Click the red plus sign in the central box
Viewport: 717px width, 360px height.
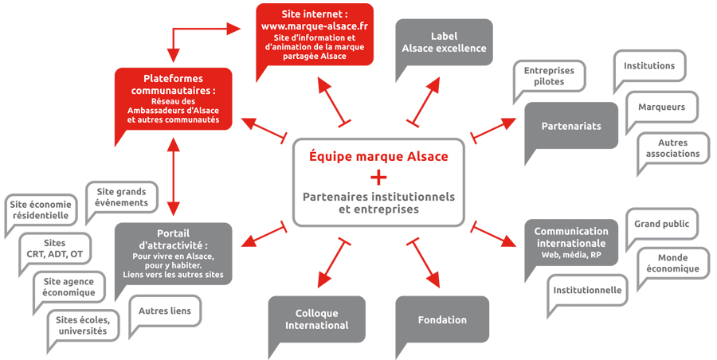click(x=378, y=177)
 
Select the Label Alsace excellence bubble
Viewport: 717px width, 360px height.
click(x=444, y=42)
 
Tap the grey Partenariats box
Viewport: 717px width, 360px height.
click(x=570, y=126)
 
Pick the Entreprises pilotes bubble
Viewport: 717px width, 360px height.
click(x=548, y=76)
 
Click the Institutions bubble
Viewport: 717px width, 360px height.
click(x=648, y=67)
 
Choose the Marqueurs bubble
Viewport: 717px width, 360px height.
click(x=661, y=107)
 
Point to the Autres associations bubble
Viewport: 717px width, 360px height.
click(x=672, y=149)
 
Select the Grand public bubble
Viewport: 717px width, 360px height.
click(x=661, y=224)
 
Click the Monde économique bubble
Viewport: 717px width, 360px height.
click(x=678, y=264)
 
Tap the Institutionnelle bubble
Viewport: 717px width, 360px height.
click(x=588, y=291)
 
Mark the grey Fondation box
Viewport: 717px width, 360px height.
click(x=442, y=320)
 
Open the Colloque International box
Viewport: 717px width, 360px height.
click(x=316, y=319)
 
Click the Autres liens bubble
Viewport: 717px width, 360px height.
click(x=165, y=311)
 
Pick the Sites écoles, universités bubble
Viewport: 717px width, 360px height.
click(x=82, y=325)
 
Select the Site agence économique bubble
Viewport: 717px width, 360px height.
click(x=69, y=287)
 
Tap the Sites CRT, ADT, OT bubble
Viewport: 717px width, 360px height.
click(x=55, y=248)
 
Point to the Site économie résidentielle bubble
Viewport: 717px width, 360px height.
click(x=41, y=210)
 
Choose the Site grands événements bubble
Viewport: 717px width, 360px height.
click(x=122, y=197)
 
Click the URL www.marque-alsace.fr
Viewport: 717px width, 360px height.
click(x=315, y=26)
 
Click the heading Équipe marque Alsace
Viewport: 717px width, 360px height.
click(x=378, y=156)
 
